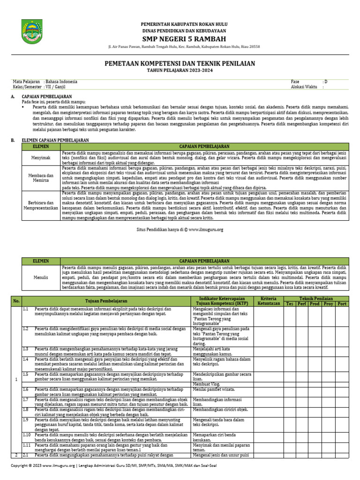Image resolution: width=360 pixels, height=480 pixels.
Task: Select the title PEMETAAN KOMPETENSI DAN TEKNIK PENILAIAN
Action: pyautogui.click(x=180, y=63)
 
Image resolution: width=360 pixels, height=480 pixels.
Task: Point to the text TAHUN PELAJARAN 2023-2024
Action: pyautogui.click(x=180, y=70)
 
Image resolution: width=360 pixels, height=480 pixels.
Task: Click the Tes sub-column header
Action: pyautogui.click(x=290, y=304)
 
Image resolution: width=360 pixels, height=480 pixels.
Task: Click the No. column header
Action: pyautogui.click(x=16, y=301)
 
